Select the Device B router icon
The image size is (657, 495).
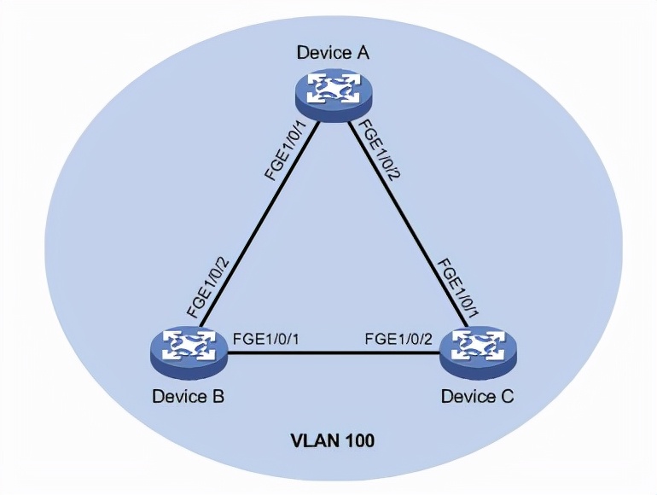184,352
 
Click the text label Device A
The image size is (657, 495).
333,53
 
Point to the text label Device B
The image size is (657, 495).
188,397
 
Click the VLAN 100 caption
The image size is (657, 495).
333,442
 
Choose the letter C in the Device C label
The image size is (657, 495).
507,397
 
